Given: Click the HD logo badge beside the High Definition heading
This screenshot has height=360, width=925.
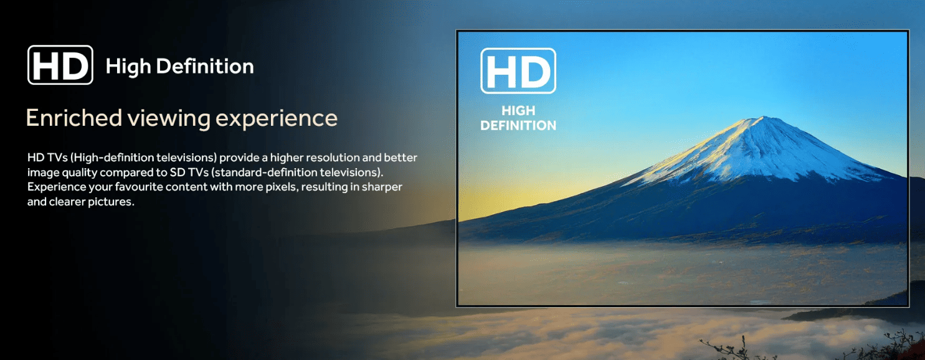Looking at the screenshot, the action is point(60,65).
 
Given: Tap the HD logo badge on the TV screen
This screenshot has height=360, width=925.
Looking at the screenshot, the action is point(518,70).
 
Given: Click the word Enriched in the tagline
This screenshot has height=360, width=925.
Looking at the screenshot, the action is point(74,118).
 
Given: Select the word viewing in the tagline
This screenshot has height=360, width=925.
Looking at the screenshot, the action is point(168,119).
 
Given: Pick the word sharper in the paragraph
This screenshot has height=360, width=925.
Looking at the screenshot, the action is point(382,187).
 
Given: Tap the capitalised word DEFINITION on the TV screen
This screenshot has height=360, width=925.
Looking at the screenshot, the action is point(518,126).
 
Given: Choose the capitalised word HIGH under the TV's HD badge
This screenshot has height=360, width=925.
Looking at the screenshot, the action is point(518,111).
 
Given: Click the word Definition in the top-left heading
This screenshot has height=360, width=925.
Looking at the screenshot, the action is point(205,66).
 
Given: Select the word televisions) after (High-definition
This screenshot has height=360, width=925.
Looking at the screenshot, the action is point(187,158).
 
